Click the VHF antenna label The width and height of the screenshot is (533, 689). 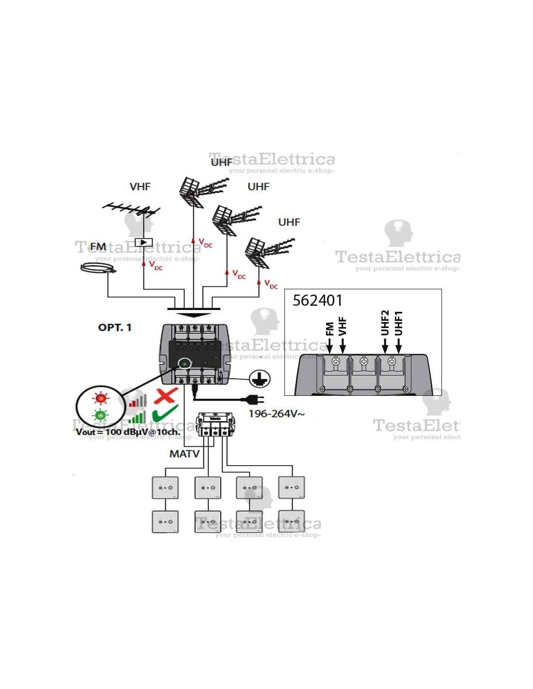point(140,187)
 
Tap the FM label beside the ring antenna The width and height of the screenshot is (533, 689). point(98,247)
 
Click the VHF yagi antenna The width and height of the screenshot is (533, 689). point(131,209)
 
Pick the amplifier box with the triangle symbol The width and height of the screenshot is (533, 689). point(143,242)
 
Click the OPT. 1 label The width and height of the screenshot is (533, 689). point(115,328)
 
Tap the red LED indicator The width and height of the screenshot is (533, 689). point(101,398)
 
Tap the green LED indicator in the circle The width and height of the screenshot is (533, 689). point(100,415)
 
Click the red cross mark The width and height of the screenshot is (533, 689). point(165,396)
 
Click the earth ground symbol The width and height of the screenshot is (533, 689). point(260,378)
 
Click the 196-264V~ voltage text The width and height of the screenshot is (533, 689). point(277,414)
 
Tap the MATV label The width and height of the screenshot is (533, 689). point(185,454)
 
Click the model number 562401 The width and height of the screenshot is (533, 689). point(317,300)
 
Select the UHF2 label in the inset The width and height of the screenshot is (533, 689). point(385,323)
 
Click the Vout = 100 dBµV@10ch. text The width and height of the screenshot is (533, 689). point(128,432)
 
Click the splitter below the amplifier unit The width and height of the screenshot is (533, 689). point(215,425)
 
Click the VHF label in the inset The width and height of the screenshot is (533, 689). point(343,326)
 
